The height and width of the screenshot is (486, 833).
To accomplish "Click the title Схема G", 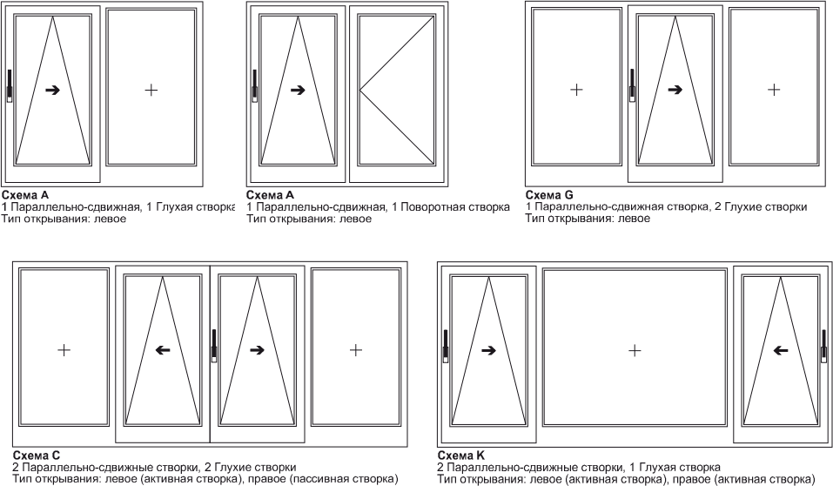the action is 549,194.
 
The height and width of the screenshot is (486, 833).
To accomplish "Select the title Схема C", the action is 37,456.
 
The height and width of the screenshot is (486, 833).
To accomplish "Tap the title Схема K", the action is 461,456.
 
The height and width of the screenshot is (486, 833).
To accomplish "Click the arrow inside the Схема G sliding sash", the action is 675,90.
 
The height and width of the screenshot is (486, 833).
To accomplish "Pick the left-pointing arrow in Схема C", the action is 163,350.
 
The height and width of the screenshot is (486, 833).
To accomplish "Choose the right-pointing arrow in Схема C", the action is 257,350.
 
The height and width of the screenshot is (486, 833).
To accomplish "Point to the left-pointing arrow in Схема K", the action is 781,350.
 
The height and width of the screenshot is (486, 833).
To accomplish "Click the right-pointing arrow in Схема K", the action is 488,350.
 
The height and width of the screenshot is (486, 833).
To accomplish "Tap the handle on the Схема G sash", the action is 632,85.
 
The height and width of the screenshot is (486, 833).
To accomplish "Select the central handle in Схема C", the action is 214,346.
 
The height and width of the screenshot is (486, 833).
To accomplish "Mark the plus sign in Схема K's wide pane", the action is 635,350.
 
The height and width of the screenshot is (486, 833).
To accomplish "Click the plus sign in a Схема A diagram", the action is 151,90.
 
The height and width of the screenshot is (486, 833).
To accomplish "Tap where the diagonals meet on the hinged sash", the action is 360,90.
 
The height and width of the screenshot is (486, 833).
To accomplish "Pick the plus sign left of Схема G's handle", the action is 576,90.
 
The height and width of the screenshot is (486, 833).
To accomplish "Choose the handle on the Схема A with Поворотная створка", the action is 254,85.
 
